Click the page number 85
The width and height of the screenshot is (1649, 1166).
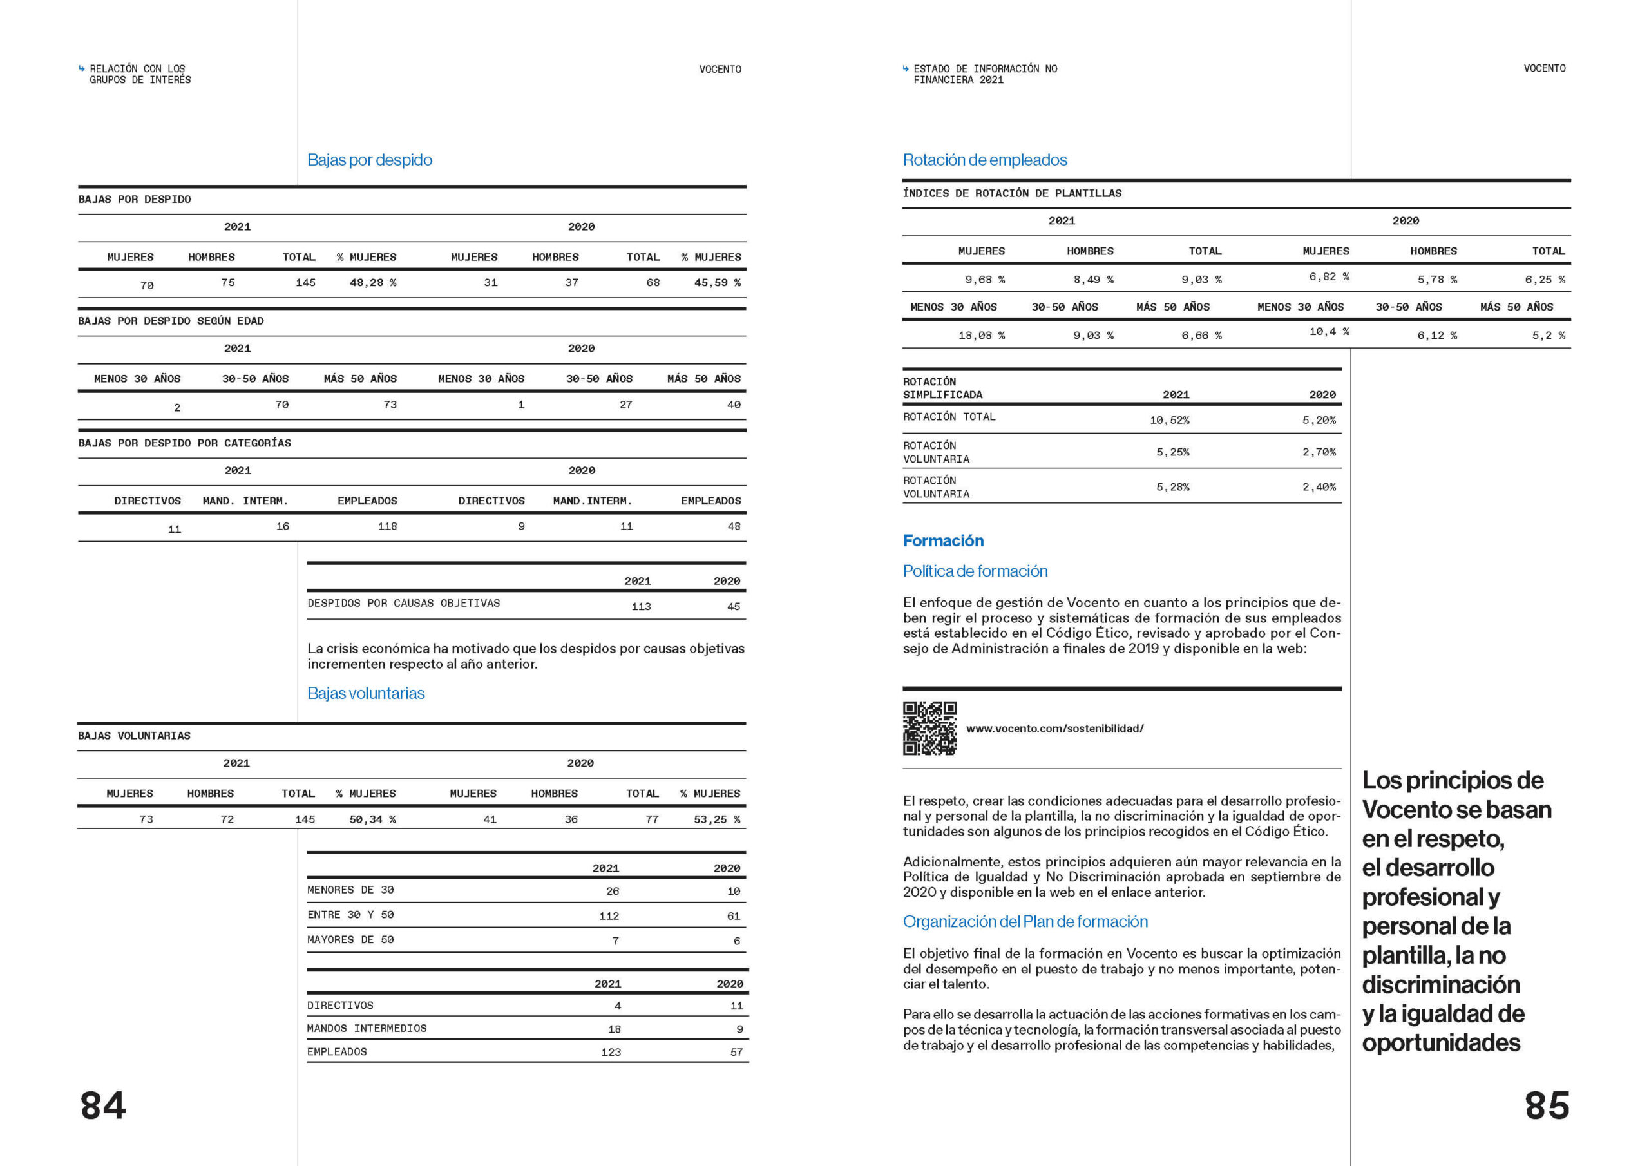tap(1547, 1105)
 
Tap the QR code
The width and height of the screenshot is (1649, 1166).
tap(929, 728)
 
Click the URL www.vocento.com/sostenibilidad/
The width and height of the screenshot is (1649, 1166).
tap(1054, 729)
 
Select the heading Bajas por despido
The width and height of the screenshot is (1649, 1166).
tap(369, 160)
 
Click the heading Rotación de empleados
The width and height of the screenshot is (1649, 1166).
tap(985, 160)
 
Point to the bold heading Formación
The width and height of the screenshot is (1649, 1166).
tap(943, 540)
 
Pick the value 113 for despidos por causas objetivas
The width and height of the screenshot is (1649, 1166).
tap(641, 606)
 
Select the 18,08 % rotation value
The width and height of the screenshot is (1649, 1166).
tap(981, 336)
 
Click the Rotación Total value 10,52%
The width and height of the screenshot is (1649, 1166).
tap(1169, 420)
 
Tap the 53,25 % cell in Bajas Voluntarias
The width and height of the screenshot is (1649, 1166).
tap(717, 819)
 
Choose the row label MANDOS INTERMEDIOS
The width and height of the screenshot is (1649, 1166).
tap(367, 1028)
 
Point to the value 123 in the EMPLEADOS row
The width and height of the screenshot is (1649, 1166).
tap(611, 1052)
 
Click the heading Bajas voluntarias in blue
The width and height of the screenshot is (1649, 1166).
tap(366, 693)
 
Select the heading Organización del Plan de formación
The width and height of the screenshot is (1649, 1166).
tap(1025, 921)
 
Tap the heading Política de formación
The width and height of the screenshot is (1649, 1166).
tap(975, 571)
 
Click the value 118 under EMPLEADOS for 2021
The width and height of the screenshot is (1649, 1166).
tap(387, 526)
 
